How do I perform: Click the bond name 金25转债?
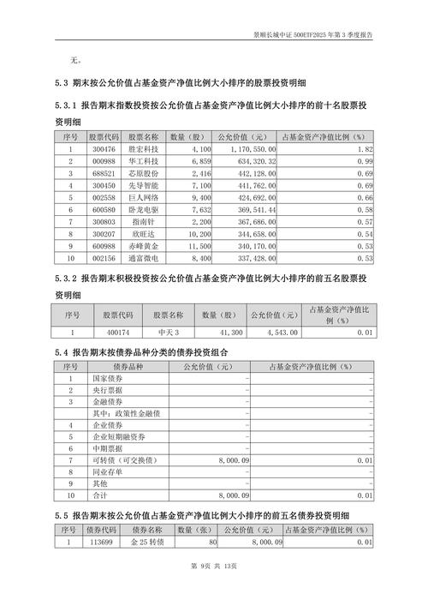click(x=148, y=542)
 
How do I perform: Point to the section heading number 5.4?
click(x=60, y=352)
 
